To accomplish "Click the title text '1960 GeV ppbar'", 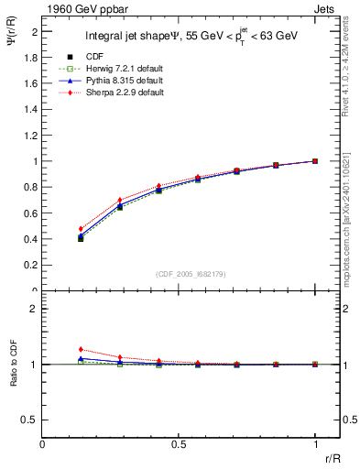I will click(x=78, y=8).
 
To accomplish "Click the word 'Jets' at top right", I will click(x=326, y=8).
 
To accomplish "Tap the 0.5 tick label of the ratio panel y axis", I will click(x=32, y=420).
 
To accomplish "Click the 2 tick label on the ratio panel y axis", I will click(x=35, y=308).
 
